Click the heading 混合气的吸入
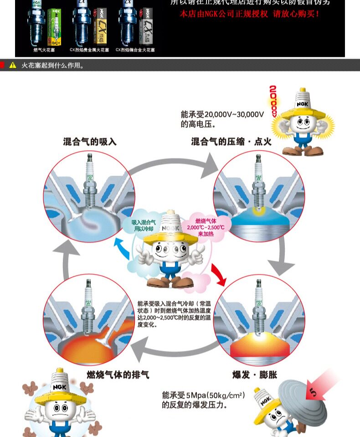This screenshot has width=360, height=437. coord(90,142)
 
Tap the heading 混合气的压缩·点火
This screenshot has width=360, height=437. coord(231,142)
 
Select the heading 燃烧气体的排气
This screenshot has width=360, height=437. coord(118,375)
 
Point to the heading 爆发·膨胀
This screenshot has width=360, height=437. coord(255,375)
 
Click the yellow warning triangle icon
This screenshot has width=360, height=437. coord(13,65)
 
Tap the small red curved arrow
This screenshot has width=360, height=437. coord(218,275)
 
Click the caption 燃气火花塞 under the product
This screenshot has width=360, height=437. coord(44,50)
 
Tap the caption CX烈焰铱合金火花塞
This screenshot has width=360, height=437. coord(135,50)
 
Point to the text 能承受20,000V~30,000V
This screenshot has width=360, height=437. coord(222,114)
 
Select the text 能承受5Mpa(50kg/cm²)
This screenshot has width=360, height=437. coord(203,396)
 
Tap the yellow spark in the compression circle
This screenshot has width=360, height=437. coord(258,211)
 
